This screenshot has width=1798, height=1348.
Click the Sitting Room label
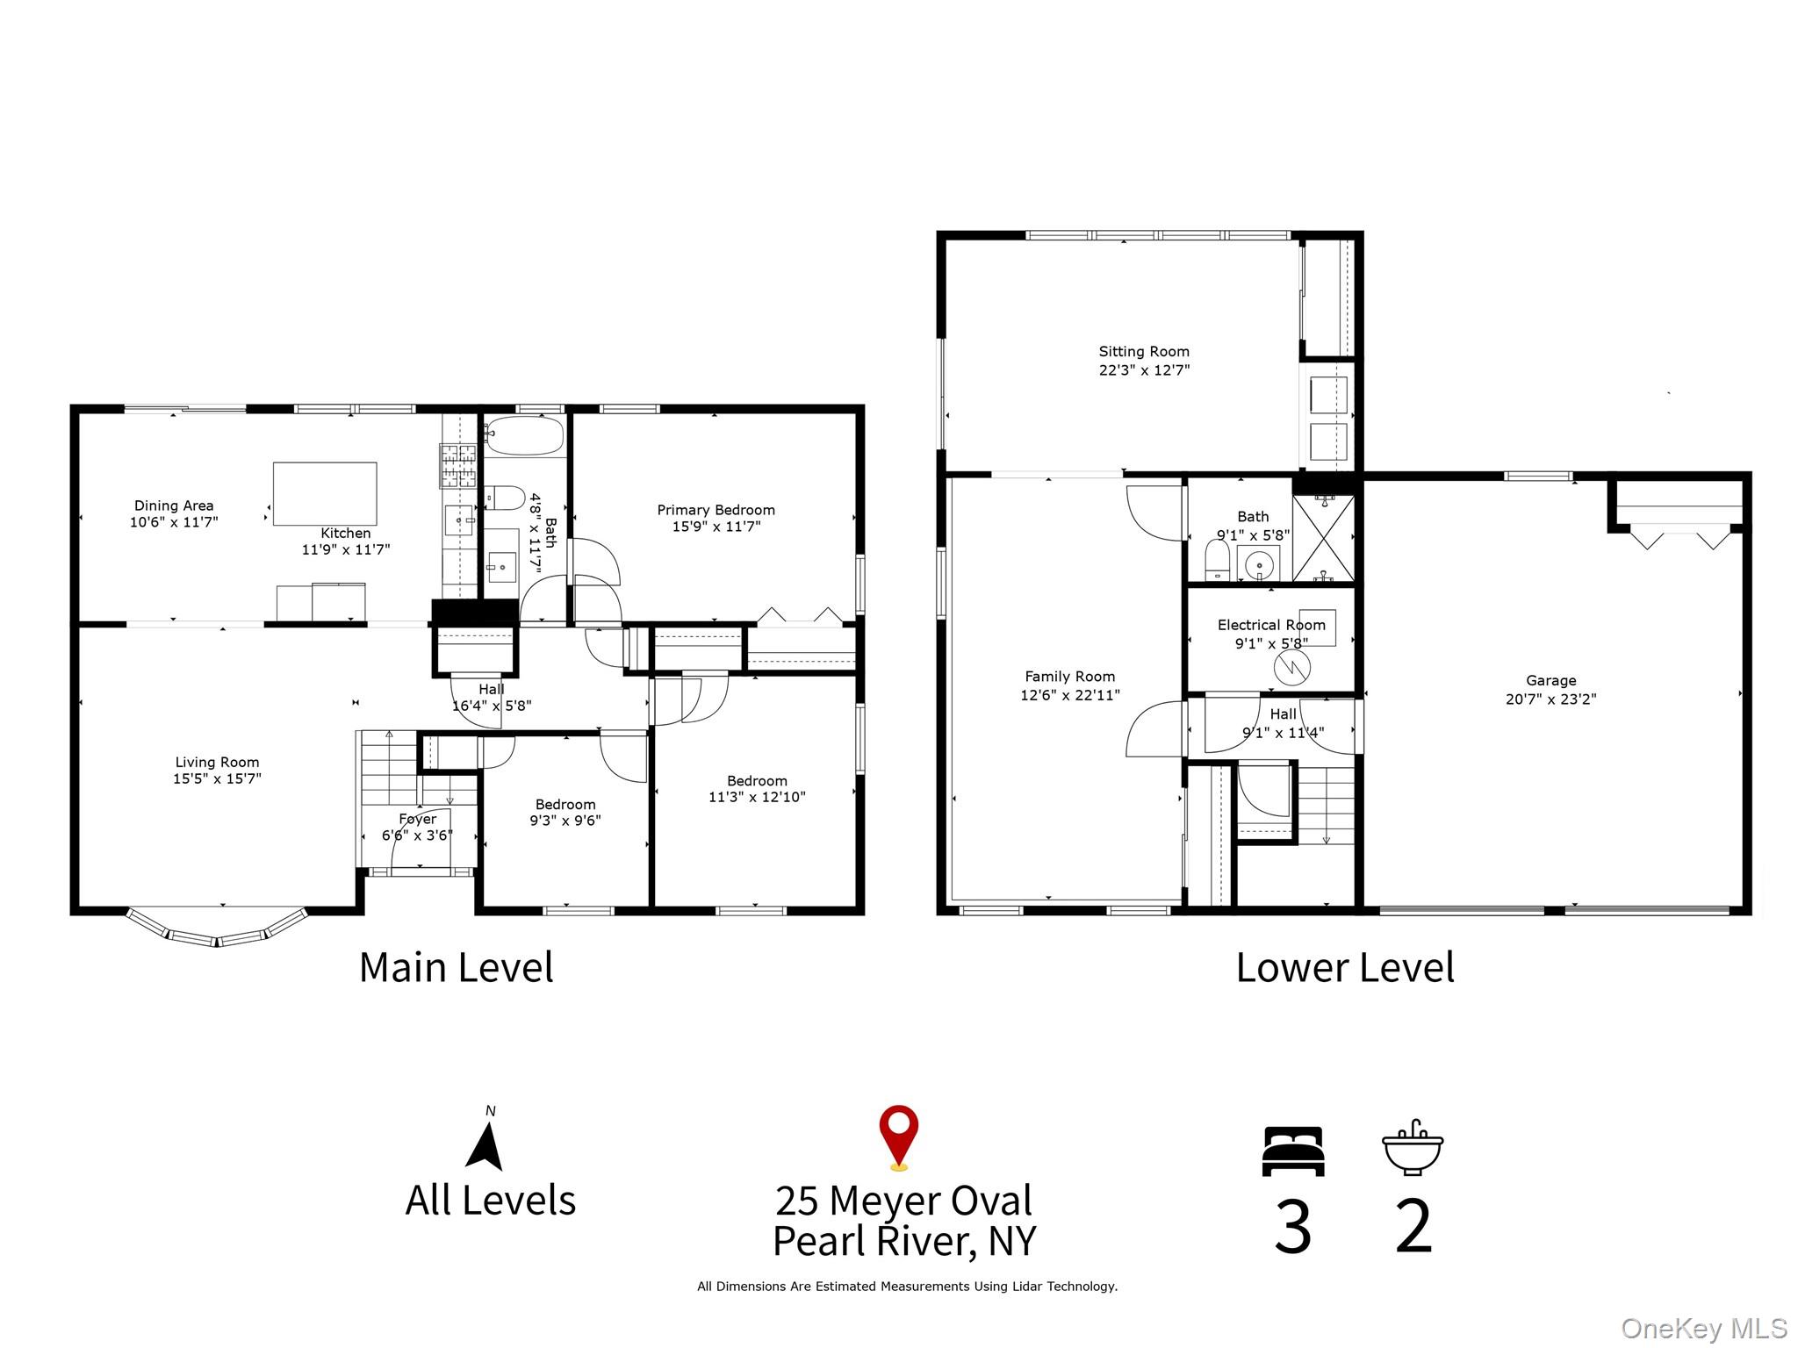1143,351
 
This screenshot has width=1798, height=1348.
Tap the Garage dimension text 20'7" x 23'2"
1550,699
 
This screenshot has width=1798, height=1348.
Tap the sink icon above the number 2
1412,1149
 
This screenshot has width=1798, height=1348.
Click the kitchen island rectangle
325,494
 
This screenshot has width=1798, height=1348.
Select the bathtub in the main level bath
524,435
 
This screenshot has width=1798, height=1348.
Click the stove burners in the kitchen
457,466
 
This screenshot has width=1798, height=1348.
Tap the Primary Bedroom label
716,510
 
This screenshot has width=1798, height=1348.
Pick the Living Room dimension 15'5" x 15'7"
217,778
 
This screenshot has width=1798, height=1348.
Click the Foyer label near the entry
417,819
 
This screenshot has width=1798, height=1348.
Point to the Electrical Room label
1270,625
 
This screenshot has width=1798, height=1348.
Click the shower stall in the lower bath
1323,537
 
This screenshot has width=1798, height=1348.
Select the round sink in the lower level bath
1259,563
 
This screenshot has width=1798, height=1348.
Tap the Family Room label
1069,677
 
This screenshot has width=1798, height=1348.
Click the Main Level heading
456,968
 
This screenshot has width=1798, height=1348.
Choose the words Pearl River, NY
904,1241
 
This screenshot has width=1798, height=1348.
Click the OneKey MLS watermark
1703,1329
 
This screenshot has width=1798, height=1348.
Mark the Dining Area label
174,505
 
